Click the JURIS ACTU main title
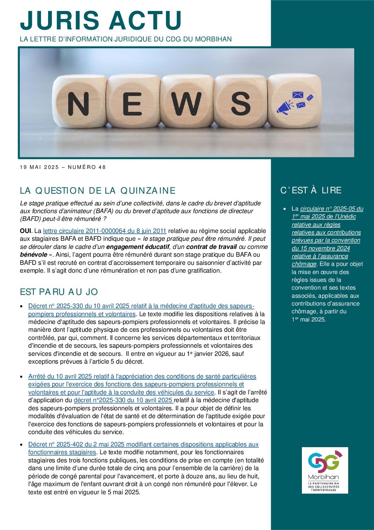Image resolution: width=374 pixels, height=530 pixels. pyautogui.click(x=101, y=20)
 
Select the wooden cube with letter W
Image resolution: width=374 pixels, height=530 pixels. pyautogui.click(x=186, y=103)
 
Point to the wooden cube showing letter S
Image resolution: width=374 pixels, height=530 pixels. pyautogui.click(x=241, y=103)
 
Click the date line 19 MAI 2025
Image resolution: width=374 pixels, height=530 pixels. pyautogui.click(x=63, y=167)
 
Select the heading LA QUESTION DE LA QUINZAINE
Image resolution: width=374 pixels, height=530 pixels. pyautogui.click(x=98, y=190)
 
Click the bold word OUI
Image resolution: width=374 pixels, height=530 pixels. pyautogui.click(x=25, y=231)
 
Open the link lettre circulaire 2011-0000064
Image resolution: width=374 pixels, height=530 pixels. pyautogui.click(x=105, y=231)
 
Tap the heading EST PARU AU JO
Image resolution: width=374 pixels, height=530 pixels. pyautogui.click(x=59, y=292)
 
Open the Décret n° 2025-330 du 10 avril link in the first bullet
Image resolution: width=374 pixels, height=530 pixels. pyautogui.click(x=141, y=306)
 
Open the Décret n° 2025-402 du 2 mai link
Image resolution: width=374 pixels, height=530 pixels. pyautogui.click(x=143, y=444)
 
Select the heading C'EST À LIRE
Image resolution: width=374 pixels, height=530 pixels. pyautogui.click(x=311, y=190)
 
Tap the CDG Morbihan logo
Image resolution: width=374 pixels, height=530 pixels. pyautogui.click(x=325, y=470)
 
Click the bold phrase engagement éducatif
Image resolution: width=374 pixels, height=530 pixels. pyautogui.click(x=138, y=247)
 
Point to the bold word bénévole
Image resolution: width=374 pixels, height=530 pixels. pyautogui.click(x=34, y=255)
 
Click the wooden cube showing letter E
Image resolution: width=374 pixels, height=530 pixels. pyautogui.click(x=133, y=103)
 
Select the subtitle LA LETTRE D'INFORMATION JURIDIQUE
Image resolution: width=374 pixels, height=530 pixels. pyautogui.click(x=125, y=39)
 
